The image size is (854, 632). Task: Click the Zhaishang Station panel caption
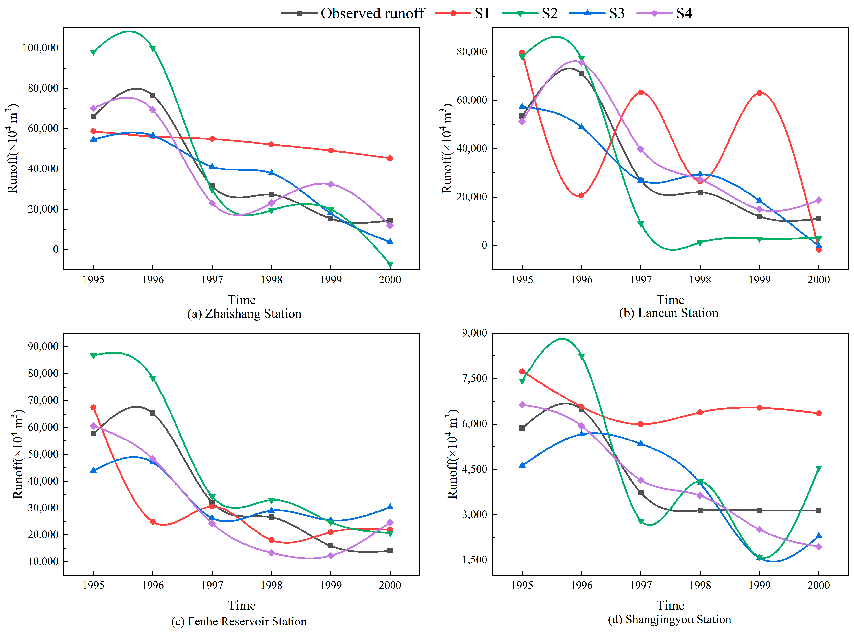tap(244, 314)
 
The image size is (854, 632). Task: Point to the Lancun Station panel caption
tap(668, 313)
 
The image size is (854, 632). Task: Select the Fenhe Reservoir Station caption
tap(239, 621)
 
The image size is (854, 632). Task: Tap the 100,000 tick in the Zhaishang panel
tap(40, 48)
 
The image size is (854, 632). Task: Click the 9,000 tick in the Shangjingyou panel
tap(474, 333)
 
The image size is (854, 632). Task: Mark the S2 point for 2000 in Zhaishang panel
tap(390, 264)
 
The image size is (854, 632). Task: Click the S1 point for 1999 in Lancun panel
tap(759, 93)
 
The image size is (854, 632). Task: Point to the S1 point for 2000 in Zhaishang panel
tap(390, 158)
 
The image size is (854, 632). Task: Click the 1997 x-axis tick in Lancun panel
tap(641, 280)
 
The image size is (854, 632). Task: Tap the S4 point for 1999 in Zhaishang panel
tap(331, 184)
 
